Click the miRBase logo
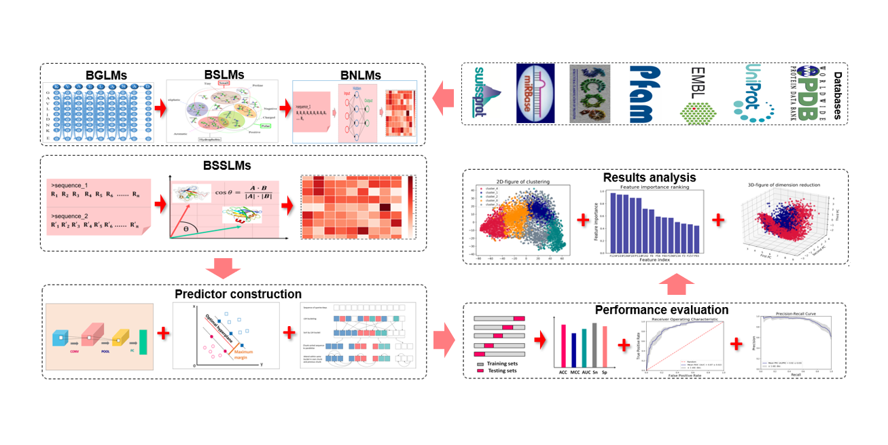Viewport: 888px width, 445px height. click(x=536, y=93)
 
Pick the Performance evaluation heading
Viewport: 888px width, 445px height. click(x=661, y=310)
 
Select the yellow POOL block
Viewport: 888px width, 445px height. click(x=120, y=336)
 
